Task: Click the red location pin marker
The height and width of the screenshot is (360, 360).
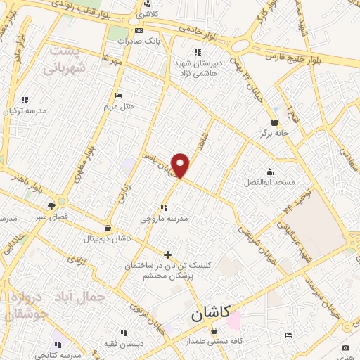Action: (x=181, y=165)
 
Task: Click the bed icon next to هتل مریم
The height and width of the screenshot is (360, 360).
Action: (x=118, y=96)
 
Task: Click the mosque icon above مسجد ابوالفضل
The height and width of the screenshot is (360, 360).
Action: (x=269, y=172)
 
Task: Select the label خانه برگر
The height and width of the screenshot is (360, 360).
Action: (x=274, y=131)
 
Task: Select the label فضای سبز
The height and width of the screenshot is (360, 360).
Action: (x=51, y=217)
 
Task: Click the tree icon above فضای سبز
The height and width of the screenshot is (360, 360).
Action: (x=51, y=206)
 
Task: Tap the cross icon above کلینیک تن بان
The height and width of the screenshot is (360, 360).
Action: (x=167, y=255)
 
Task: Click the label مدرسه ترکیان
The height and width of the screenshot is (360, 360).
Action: (x=25, y=111)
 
